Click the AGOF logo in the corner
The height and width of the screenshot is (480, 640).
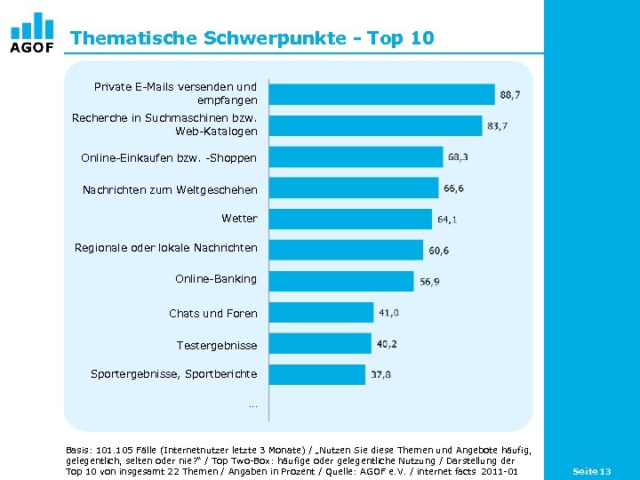pyautogui.click(x=32, y=33)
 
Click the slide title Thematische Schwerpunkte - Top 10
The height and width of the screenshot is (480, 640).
pyautogui.click(x=252, y=38)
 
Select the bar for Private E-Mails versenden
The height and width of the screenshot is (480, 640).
pyautogui.click(x=381, y=94)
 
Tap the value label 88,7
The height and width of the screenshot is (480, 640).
pyautogui.click(x=510, y=94)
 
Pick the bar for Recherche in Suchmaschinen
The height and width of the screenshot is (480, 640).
pyautogui.click(x=375, y=125)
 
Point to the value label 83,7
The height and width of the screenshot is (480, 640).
pyautogui.click(x=498, y=126)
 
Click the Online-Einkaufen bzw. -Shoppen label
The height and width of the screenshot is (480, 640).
pyautogui.click(x=169, y=157)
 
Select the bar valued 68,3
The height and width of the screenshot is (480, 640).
pyautogui.click(x=356, y=157)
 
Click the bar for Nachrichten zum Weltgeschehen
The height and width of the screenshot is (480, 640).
pyautogui.click(x=353, y=188)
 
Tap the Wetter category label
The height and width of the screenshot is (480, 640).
pyautogui.click(x=239, y=218)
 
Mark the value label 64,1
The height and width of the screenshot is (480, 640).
pyautogui.click(x=447, y=220)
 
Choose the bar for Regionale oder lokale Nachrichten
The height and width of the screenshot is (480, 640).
pyautogui.click(x=346, y=250)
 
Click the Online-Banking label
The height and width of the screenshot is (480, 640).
pyautogui.click(x=216, y=278)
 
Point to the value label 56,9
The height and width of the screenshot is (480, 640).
pyautogui.click(x=430, y=282)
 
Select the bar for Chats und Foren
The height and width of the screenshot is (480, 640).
pyautogui.click(x=321, y=312)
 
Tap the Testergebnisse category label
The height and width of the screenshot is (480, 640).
pyautogui.click(x=217, y=345)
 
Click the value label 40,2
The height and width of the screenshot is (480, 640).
pyautogui.click(x=387, y=344)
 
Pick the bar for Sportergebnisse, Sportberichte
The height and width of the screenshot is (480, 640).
pyautogui.click(x=316, y=374)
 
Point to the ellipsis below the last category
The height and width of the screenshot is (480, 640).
pyautogui.click(x=253, y=405)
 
